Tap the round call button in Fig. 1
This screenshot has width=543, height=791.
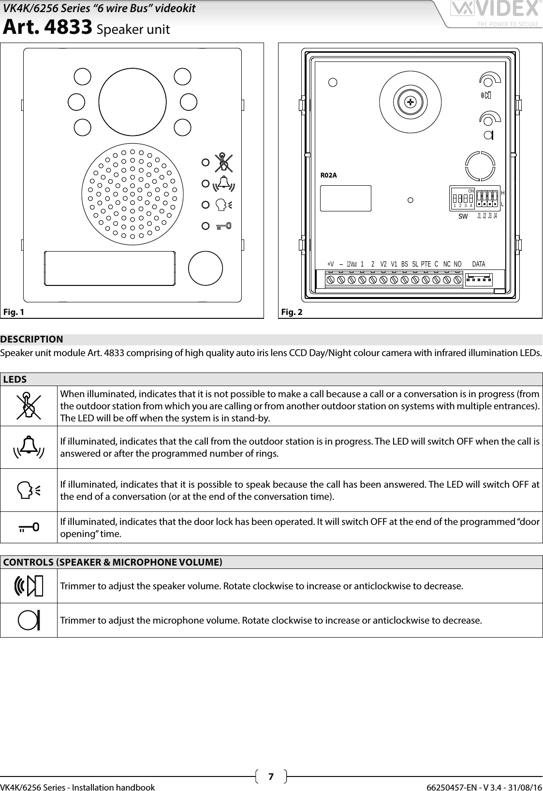[x=205, y=268]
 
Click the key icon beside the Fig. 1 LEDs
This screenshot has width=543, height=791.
[x=223, y=225]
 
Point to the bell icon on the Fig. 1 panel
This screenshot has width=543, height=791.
[x=223, y=184]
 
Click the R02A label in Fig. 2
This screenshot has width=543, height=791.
[x=329, y=175]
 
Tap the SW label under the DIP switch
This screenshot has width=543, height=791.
[x=463, y=217]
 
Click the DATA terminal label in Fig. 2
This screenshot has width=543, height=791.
[x=478, y=264]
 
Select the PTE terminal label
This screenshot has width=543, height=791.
[x=426, y=264]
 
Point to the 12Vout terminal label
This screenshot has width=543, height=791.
[x=352, y=264]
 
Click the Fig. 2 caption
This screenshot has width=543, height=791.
[x=292, y=312]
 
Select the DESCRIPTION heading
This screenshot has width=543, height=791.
[x=32, y=339]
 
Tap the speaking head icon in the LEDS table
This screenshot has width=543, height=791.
[x=29, y=490]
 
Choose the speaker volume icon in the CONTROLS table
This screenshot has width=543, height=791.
[x=29, y=586]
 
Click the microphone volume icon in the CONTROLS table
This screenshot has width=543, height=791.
[x=29, y=620]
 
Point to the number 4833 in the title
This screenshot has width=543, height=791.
[x=68, y=29]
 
